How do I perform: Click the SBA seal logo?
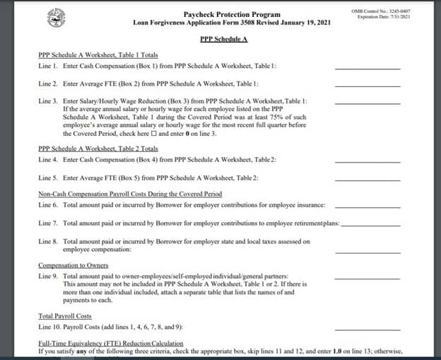coord(55,17)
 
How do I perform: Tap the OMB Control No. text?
coord(389,11)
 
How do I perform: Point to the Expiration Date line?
coord(389,17)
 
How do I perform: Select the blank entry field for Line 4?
coord(367,161)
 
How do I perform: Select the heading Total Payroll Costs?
coord(64,316)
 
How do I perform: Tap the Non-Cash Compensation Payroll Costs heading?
coord(130,194)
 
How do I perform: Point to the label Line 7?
coord(47,223)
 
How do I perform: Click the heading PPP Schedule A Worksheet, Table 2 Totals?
coord(98,149)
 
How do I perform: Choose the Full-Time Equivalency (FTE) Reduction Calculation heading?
coord(119,343)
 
